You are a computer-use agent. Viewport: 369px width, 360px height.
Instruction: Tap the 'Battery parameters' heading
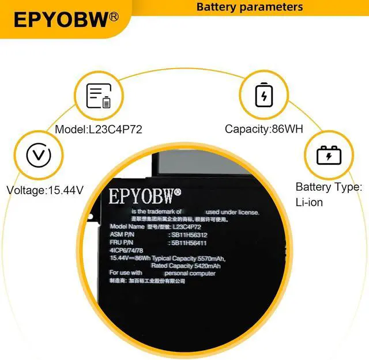[x=250, y=7]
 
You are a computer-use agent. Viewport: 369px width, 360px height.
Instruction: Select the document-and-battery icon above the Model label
[x=98, y=96]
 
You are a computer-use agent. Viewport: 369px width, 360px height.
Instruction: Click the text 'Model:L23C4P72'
[x=99, y=130]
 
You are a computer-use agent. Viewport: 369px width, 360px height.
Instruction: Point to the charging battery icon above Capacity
[x=264, y=96]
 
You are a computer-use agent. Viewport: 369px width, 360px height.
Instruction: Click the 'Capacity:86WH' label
[x=264, y=130]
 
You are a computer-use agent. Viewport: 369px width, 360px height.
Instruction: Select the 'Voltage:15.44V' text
[x=46, y=190]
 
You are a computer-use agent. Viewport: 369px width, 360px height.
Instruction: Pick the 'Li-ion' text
[x=309, y=202]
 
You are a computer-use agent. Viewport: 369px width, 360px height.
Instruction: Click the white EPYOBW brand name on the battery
[x=145, y=196]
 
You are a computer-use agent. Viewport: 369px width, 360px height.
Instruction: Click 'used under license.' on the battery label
[x=228, y=212]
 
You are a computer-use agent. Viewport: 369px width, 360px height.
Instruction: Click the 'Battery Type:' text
[x=329, y=187]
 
